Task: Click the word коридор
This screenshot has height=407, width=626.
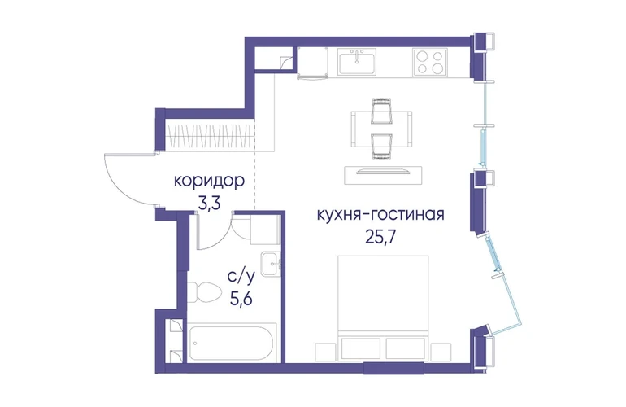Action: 209,181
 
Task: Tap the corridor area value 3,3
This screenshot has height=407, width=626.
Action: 209,203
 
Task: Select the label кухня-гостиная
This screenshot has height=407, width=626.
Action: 380,214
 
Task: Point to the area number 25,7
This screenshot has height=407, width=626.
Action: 380,237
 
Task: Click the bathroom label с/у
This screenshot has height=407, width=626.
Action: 241,277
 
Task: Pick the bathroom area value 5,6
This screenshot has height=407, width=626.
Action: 241,299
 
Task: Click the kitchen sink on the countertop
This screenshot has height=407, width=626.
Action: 357,62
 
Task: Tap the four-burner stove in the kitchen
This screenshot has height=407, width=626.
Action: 429,62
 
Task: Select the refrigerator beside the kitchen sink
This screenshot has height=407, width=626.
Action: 312,63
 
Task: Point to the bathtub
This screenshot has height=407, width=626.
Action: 232,343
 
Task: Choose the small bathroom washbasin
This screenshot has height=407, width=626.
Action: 272,264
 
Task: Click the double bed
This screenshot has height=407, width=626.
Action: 383,308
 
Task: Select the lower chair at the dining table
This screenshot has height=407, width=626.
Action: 381,147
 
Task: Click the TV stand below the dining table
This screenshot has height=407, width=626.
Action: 383,175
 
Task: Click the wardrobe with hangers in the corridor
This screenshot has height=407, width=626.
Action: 210,136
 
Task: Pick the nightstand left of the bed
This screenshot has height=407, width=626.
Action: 325,352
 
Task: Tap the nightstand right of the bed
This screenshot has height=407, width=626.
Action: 441,352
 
